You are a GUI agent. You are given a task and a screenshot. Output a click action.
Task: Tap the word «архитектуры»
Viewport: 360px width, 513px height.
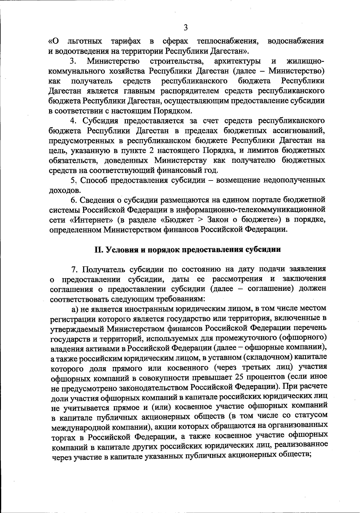click(x=237, y=61)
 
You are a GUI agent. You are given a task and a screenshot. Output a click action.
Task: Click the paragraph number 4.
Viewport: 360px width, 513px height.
click(x=73, y=121)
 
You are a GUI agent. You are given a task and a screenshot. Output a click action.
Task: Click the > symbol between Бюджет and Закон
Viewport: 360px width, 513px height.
click(x=201, y=220)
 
